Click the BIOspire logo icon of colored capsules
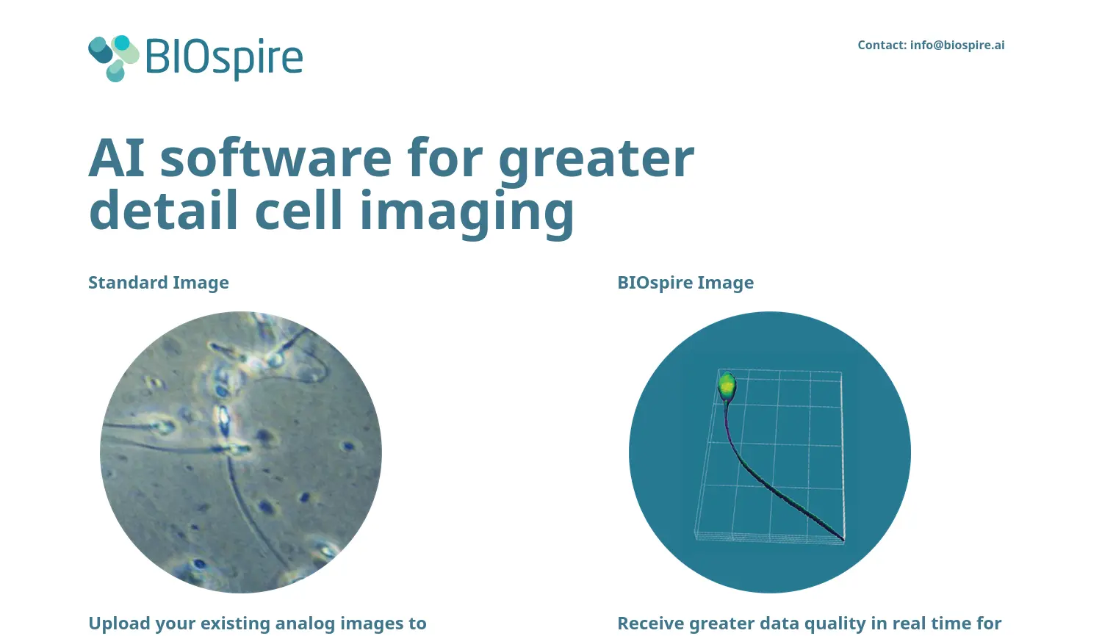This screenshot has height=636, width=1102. pyautogui.click(x=113, y=58)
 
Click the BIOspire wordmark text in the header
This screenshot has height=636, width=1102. pyautogui.click(x=224, y=57)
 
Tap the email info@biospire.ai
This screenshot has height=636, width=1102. pyautogui.click(x=957, y=45)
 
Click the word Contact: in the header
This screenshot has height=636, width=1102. pyautogui.click(x=882, y=45)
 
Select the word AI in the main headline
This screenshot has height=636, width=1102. pyautogui.click(x=116, y=158)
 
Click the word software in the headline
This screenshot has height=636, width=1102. pyautogui.click(x=275, y=158)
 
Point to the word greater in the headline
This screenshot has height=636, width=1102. pyautogui.click(x=596, y=158)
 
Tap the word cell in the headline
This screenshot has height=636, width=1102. pyautogui.click(x=298, y=211)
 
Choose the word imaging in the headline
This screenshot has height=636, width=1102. pyautogui.click(x=467, y=212)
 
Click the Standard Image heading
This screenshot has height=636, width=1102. pyautogui.click(x=159, y=283)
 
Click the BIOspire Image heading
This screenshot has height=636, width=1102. pyautogui.click(x=685, y=283)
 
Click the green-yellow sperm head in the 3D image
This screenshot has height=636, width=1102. pyautogui.click(x=727, y=385)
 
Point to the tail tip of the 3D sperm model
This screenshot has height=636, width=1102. pyautogui.click(x=842, y=540)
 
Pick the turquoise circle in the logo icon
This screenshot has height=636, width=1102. pyautogui.click(x=121, y=43)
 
